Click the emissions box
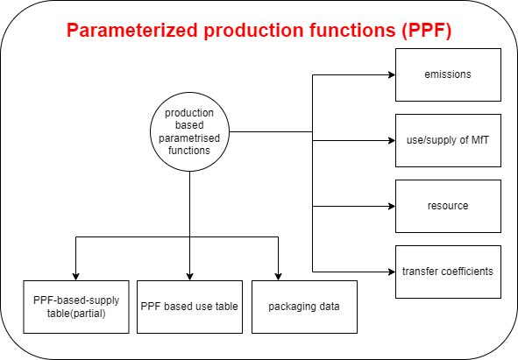(x=448, y=74)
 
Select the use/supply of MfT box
(x=448, y=140)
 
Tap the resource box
(x=448, y=206)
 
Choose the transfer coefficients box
(x=448, y=272)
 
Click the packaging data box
(x=304, y=307)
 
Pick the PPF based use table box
(x=189, y=307)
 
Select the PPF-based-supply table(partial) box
(x=76, y=307)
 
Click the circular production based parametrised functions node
(x=189, y=131)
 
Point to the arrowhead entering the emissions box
(x=392, y=74)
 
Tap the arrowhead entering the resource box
(x=392, y=206)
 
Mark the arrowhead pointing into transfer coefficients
(x=392, y=272)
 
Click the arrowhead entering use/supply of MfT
(x=392, y=140)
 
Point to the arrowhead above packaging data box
(x=278, y=277)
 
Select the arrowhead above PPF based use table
(x=189, y=277)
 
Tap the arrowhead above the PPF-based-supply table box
(x=76, y=277)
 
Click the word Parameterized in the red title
(x=132, y=31)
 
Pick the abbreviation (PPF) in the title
(x=427, y=31)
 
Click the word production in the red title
(x=253, y=31)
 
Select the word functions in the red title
(x=352, y=30)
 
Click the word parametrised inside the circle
(x=189, y=138)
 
